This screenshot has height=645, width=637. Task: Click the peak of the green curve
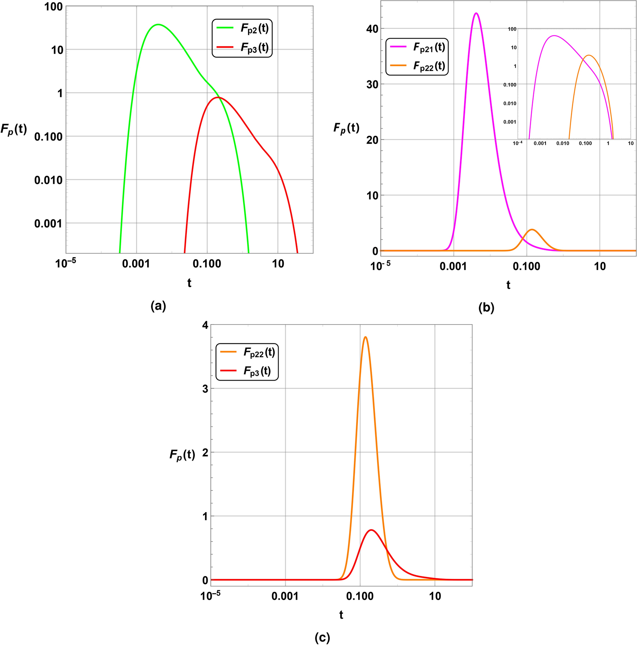[x=158, y=24]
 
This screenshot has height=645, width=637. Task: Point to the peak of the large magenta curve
[x=476, y=13]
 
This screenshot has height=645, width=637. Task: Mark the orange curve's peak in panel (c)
[x=365, y=337]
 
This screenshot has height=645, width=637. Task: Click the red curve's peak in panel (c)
[x=371, y=530]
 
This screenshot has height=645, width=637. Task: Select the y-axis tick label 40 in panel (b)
[x=372, y=29]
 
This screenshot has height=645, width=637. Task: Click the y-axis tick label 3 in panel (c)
[x=205, y=389]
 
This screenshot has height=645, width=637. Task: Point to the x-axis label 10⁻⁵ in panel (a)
[x=65, y=264]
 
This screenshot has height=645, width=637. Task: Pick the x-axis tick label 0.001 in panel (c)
[x=285, y=596]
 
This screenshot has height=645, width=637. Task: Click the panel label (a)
[x=158, y=306]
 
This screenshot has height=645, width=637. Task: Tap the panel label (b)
[x=486, y=308]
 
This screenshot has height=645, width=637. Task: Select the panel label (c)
[x=322, y=637]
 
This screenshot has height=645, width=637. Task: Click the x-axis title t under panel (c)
[x=341, y=615]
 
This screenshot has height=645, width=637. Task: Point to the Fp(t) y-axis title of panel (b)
[x=346, y=128]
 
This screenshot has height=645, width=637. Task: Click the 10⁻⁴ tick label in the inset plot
[x=518, y=143]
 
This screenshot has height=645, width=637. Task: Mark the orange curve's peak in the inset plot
[x=588, y=55]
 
